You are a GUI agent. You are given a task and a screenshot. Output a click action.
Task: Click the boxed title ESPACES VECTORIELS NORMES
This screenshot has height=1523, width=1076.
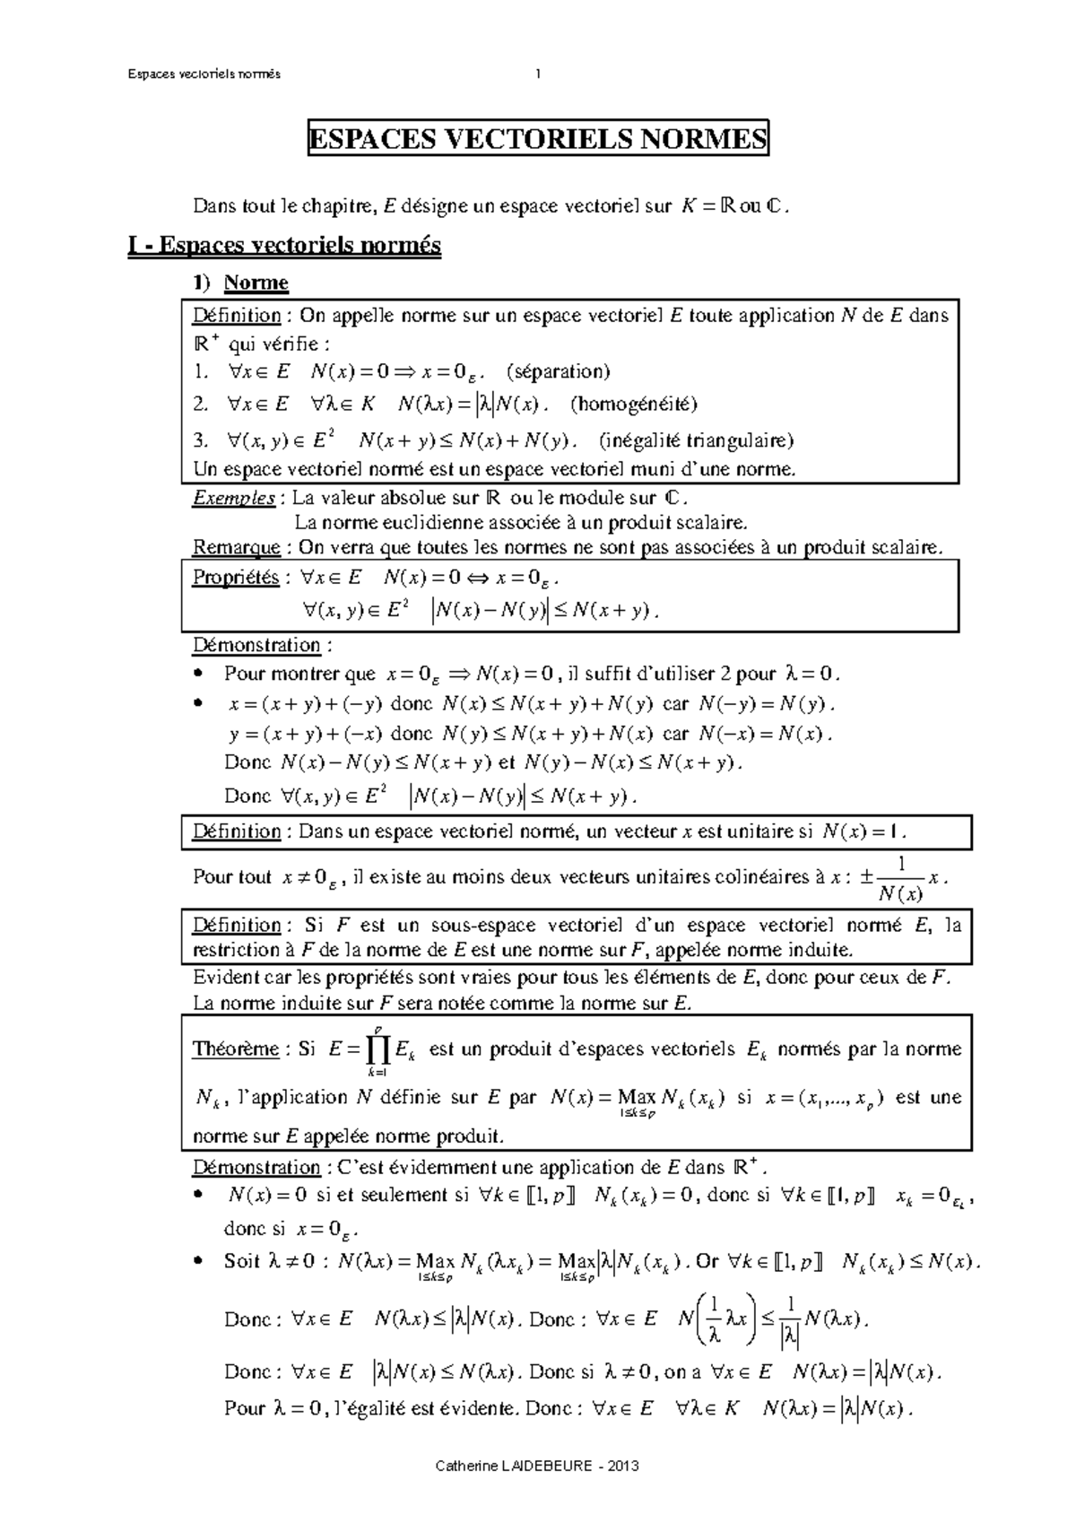(x=538, y=139)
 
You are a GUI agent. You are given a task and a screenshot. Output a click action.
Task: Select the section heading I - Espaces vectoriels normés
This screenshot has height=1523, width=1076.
(x=284, y=245)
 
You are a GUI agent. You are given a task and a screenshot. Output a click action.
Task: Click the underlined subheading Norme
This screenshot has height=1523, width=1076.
(x=256, y=283)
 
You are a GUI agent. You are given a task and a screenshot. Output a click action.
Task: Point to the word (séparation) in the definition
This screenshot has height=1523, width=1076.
(x=558, y=371)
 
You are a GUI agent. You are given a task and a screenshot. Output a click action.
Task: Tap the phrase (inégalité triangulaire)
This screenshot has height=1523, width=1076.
(x=696, y=440)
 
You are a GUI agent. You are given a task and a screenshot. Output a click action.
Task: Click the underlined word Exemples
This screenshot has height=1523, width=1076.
(x=234, y=499)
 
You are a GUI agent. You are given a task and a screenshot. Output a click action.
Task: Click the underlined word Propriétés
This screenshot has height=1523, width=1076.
(x=236, y=578)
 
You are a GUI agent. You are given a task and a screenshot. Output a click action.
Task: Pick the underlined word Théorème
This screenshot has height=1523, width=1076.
(x=236, y=1049)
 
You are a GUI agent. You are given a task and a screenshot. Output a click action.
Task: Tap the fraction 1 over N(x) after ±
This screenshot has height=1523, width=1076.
(x=900, y=878)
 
